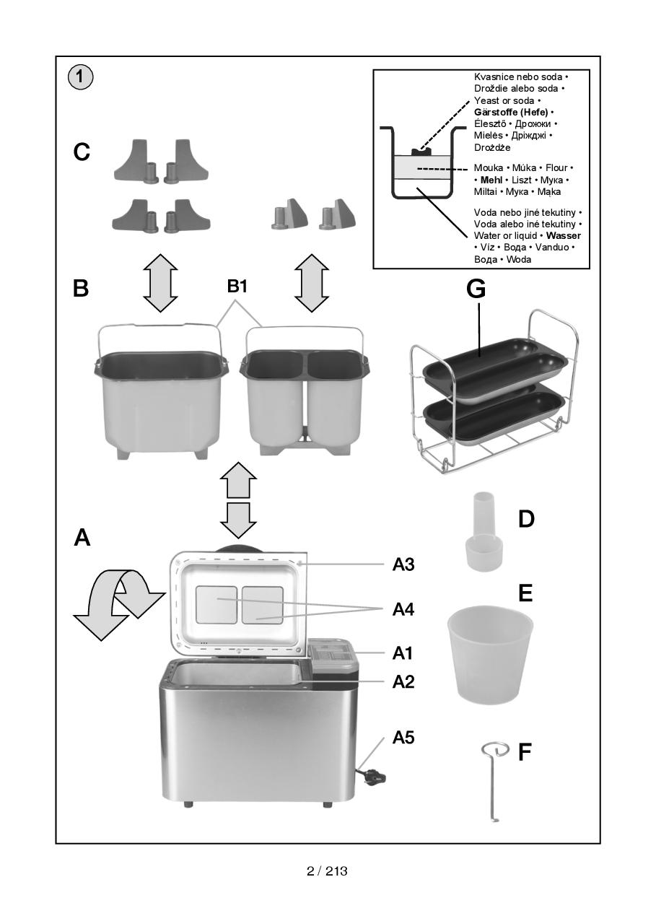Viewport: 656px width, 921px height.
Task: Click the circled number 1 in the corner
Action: [x=81, y=77]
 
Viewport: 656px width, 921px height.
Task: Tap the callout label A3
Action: [x=403, y=564]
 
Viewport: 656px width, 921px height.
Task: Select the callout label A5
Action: [x=403, y=738]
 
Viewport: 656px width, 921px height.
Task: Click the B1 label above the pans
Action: [x=237, y=287]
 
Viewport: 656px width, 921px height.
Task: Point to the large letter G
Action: [x=476, y=289]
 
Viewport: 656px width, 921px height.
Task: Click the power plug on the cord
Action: [x=373, y=777]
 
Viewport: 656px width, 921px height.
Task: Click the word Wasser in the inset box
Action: [x=564, y=236]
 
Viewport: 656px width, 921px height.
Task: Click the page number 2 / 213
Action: [x=327, y=871]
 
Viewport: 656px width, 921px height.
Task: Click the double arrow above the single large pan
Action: [x=160, y=282]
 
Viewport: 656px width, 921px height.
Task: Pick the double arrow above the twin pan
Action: [x=312, y=282]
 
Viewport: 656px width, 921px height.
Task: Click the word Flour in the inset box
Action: [x=556, y=168]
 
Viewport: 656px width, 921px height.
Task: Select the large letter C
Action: [x=82, y=152]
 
